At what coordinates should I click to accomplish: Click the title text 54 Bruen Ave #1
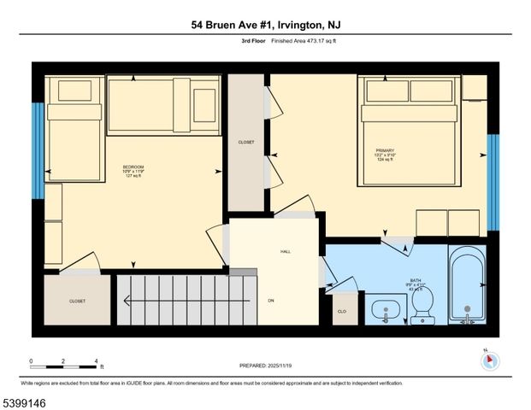(x=265, y=26)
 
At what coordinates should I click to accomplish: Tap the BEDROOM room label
(x=133, y=167)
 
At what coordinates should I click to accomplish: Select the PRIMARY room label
(x=385, y=149)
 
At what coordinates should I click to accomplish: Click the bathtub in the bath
(x=468, y=286)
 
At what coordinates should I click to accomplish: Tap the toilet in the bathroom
(x=422, y=306)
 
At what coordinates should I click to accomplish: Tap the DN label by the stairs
(x=271, y=301)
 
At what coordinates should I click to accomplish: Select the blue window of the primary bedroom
(x=493, y=182)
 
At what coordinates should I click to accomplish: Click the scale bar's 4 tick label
(x=97, y=361)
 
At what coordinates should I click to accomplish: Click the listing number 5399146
(x=27, y=399)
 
